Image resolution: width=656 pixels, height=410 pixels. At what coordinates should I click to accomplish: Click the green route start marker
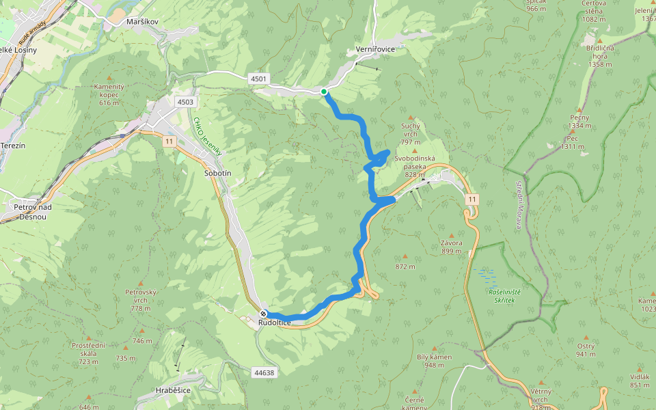click(x=324, y=91)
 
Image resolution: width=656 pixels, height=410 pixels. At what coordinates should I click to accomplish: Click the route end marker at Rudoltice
click(x=264, y=314)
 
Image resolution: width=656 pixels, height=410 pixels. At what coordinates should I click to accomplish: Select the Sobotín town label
click(x=218, y=174)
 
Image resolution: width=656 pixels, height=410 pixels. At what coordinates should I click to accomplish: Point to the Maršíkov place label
click(x=143, y=22)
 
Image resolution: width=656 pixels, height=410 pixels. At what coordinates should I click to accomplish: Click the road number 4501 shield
click(x=259, y=79)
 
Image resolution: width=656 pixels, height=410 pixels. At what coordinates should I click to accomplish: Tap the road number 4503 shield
click(x=185, y=102)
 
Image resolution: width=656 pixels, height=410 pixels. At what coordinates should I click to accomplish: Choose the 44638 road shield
click(x=264, y=372)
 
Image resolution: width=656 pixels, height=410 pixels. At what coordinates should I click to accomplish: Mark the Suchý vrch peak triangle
click(x=411, y=118)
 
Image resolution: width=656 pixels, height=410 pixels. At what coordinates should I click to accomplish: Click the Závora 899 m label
click(x=452, y=247)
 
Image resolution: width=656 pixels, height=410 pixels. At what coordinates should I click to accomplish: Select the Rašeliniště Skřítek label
click(x=504, y=296)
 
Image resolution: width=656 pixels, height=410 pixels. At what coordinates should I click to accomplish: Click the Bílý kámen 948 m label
click(x=435, y=361)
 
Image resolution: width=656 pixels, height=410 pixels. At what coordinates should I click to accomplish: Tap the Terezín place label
click(x=12, y=146)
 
